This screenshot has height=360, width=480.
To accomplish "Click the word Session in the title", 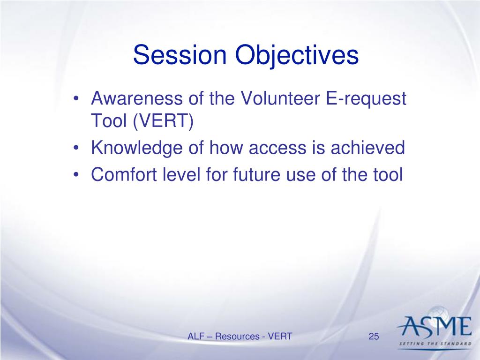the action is (x=180, y=55).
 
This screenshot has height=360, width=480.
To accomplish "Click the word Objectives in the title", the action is (x=297, y=56).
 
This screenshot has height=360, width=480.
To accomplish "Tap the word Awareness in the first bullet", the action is (x=137, y=98).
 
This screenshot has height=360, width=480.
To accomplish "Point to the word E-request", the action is (x=366, y=99).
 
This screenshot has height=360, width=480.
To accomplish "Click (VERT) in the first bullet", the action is (x=163, y=121).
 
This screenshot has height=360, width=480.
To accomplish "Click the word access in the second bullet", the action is (x=277, y=149).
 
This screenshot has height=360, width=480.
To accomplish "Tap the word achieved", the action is (x=367, y=147).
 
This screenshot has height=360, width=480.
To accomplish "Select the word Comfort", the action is (x=124, y=174).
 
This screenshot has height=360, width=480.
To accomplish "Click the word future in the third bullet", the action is (x=256, y=174).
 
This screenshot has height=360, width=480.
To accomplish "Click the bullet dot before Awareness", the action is (x=76, y=99).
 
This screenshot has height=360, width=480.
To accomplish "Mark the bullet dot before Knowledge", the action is (x=76, y=148).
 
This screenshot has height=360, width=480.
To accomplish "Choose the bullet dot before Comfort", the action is (x=76, y=175).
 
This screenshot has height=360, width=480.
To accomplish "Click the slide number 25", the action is (x=374, y=337).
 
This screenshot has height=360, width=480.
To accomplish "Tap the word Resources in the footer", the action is (x=237, y=337).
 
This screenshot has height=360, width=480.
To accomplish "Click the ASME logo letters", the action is (x=435, y=326).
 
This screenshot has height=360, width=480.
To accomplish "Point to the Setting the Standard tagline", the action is (x=435, y=344).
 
